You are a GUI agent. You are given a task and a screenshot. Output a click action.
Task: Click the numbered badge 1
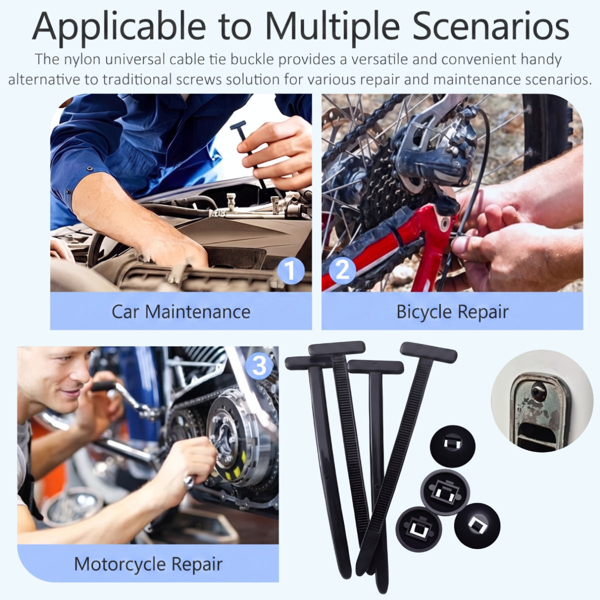pos(290,270)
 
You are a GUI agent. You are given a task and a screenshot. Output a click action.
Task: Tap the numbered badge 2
pos(342,270)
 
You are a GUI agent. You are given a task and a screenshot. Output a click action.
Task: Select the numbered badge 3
pos(259,366)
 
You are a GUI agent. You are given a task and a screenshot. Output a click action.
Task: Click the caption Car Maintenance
pos(181,311)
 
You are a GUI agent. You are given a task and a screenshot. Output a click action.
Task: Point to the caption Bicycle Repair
pos(452,312)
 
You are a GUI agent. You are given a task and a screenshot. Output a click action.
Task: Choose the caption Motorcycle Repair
pos(148,564)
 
